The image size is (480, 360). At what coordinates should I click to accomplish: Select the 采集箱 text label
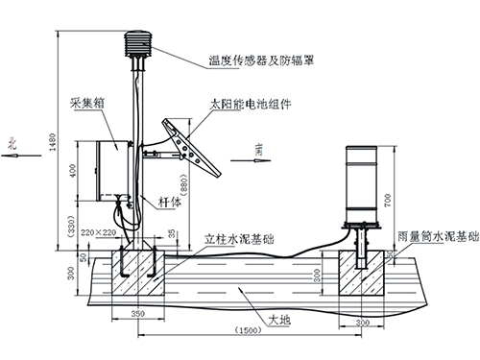(85, 103)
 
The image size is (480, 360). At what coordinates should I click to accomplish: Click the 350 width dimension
(136, 313)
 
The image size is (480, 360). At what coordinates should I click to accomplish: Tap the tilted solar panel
(191, 145)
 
